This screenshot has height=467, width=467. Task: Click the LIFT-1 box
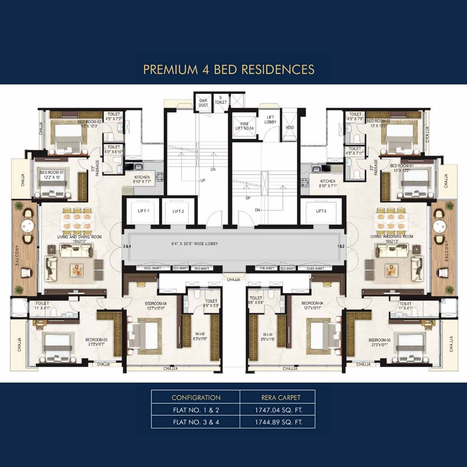coord(143,211)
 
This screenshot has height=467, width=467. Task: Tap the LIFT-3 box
coord(321,211)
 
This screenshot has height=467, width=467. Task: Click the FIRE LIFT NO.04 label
coord(244,126)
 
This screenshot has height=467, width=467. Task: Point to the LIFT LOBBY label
coord(270,119)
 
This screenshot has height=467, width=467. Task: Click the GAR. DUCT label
coord(203,103)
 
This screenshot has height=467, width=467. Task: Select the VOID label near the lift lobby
coord(290,127)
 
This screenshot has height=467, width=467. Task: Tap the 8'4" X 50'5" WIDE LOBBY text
coord(195,244)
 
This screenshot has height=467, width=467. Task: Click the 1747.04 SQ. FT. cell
coord(278,410)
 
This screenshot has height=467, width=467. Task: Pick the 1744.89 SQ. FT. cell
coord(278,422)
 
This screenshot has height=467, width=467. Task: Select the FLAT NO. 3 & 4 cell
coord(196,422)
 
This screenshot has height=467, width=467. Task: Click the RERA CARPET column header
coord(281,397)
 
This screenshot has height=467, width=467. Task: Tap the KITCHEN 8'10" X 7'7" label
coord(142,179)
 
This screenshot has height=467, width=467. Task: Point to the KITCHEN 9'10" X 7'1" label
coord(328,183)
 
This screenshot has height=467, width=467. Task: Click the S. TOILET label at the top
coord(221,100)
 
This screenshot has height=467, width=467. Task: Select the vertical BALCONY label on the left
coord(18,257)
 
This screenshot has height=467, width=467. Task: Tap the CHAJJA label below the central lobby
coord(233,279)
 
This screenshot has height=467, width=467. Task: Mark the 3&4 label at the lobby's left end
coord(127,246)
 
